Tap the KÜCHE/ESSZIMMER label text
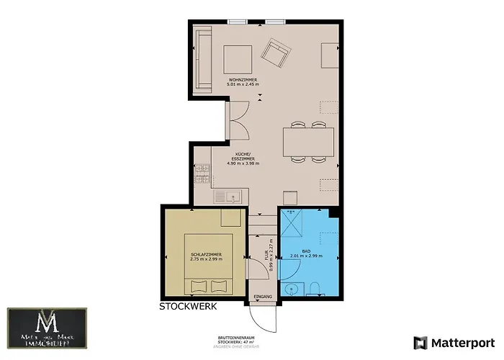coord(243,159)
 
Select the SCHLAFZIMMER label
coord(206,256)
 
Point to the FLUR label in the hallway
coord(266,254)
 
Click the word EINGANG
coord(263,297)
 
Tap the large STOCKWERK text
coord(187,306)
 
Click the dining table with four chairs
coord(309,141)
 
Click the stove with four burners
coord(202,174)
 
